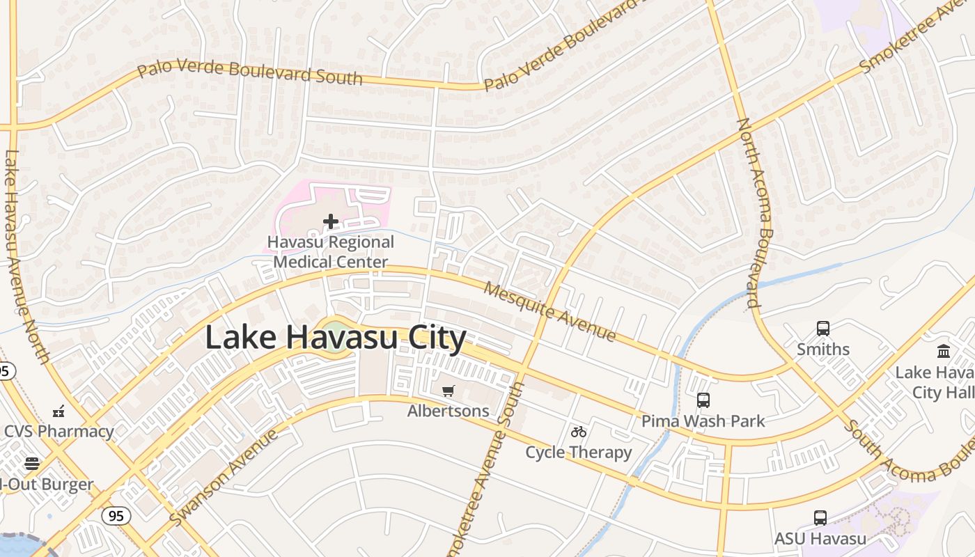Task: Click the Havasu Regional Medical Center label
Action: point(331,252)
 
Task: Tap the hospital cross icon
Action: point(331,221)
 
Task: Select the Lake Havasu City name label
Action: point(335,338)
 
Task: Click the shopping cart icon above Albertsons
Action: point(448,391)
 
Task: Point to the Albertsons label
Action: point(448,411)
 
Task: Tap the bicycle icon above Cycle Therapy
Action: point(578,432)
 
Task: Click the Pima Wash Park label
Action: point(703,421)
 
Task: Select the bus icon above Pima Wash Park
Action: point(703,400)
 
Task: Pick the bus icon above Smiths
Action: point(823,328)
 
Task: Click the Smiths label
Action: point(823,349)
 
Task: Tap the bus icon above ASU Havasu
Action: point(820,518)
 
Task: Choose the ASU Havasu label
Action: point(820,539)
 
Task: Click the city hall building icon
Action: point(944,351)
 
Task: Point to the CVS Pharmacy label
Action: point(58,431)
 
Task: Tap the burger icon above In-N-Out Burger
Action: point(32,463)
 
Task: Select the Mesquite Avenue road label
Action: point(549,311)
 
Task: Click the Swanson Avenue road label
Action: point(224,478)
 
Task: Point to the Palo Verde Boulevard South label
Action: point(249,71)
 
